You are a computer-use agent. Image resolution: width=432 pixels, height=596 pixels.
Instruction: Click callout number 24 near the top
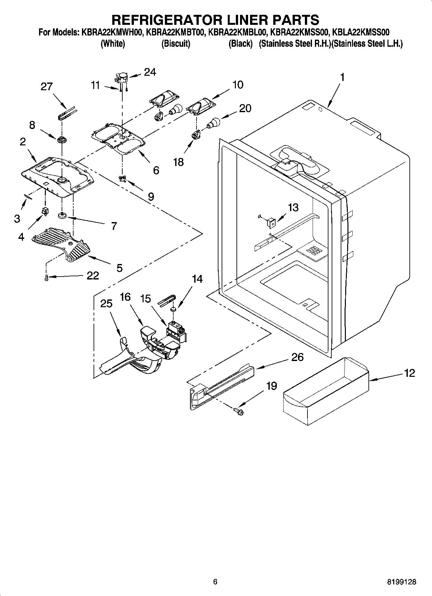coord(150,72)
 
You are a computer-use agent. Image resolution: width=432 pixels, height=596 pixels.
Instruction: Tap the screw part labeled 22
coord(46,277)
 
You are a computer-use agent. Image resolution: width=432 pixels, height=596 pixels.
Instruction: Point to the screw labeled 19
coord(240,410)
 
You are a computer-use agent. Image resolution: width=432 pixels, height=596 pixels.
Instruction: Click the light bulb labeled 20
coord(214,123)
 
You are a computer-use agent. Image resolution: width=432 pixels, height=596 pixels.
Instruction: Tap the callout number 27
coord(46,86)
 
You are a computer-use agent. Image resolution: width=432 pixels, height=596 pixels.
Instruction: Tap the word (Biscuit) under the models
coord(176,44)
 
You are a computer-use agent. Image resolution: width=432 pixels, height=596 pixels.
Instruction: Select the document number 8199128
coord(401,582)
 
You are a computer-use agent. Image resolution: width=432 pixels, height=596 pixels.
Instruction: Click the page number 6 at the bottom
coord(215,581)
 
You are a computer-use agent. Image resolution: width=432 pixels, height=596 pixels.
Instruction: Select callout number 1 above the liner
coord(342,77)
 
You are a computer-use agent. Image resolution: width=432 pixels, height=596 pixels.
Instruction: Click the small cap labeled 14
coord(173,309)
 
